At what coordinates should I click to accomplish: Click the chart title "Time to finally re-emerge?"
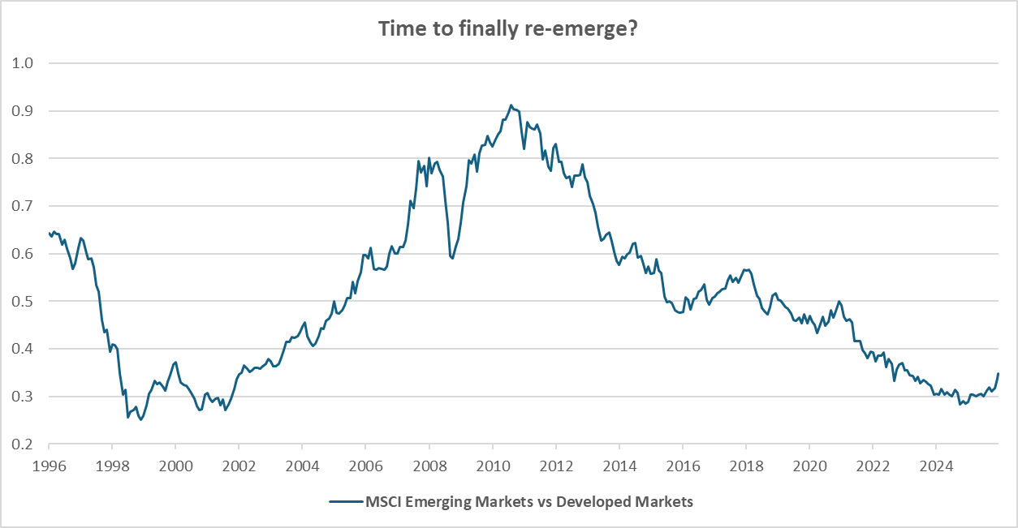508,28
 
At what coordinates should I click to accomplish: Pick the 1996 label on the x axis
49,466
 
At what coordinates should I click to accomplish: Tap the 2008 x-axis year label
429,466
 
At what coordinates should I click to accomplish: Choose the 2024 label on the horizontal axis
935,466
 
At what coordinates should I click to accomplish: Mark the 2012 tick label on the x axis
555,466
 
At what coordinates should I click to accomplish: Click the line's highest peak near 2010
511,105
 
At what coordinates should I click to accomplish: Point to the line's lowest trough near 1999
140,420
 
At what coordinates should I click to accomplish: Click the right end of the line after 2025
998,373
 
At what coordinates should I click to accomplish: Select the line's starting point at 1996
50,233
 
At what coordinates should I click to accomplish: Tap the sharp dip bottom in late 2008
452,258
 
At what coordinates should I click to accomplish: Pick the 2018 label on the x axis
745,466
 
